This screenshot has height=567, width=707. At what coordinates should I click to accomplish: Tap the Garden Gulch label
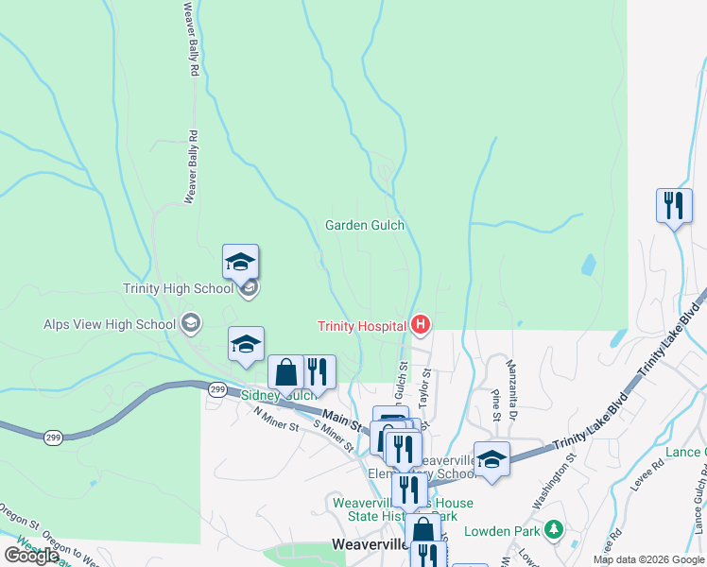[x=365, y=225]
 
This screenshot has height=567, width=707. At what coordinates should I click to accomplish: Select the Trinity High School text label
[x=178, y=289]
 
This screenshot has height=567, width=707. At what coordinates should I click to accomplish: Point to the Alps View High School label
[x=110, y=324]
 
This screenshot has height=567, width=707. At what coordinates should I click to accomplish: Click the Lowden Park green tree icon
[x=556, y=529]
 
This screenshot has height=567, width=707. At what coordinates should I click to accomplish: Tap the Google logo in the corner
[x=31, y=556]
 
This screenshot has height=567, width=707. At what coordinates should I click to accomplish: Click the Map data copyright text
[x=648, y=559]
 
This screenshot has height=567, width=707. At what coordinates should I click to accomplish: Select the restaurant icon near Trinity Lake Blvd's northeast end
[x=673, y=205]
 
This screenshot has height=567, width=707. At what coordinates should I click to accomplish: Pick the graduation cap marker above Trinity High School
[x=240, y=261]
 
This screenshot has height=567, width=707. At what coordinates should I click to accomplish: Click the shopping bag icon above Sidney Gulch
[x=285, y=372]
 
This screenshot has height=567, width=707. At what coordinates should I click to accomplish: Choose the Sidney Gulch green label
[x=278, y=395]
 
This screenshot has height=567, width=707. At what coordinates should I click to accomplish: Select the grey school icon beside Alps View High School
[x=191, y=324]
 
